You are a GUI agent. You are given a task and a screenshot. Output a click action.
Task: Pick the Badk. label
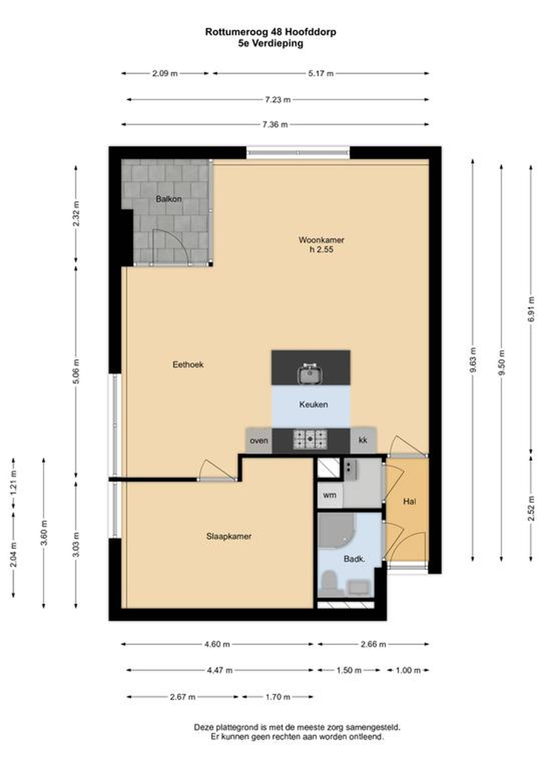tap(354, 559)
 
